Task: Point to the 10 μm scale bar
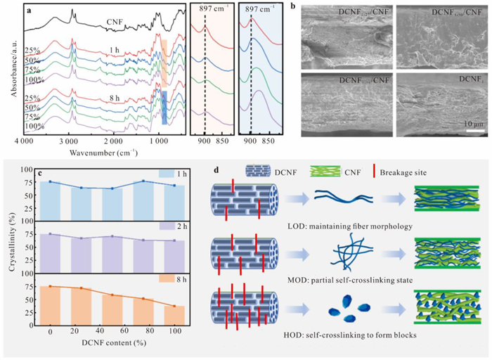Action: click(474, 129)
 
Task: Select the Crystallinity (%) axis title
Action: click(8, 246)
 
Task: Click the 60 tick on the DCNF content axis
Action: click(125, 330)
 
